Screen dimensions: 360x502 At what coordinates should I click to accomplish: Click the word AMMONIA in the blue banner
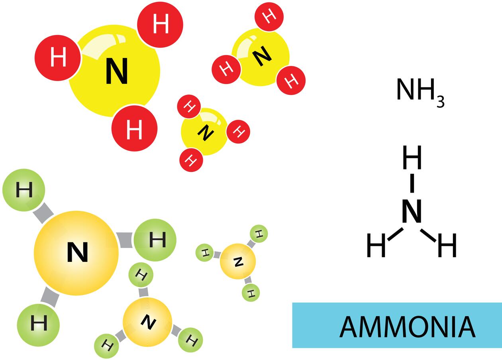click(407, 327)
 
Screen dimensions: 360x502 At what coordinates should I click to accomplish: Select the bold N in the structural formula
click(412, 211)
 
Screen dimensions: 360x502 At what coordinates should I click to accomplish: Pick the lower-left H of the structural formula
click(376, 245)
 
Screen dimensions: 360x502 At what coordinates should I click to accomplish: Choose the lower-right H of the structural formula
click(447, 245)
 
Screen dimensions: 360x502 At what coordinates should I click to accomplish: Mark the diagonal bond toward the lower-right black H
click(428, 235)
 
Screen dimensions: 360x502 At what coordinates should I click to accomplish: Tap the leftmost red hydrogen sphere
click(58, 58)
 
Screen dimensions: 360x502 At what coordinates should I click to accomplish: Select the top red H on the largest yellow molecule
click(160, 24)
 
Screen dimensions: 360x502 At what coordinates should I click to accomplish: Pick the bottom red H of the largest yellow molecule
click(134, 128)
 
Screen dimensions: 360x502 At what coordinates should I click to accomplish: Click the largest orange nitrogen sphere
click(76, 253)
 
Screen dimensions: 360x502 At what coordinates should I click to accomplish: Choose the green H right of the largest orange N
click(155, 240)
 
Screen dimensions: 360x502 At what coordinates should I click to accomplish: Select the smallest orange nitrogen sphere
click(238, 262)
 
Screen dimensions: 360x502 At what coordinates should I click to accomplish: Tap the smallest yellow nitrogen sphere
click(204, 132)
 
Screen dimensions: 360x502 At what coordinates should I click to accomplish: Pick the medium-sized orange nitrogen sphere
click(147, 322)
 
